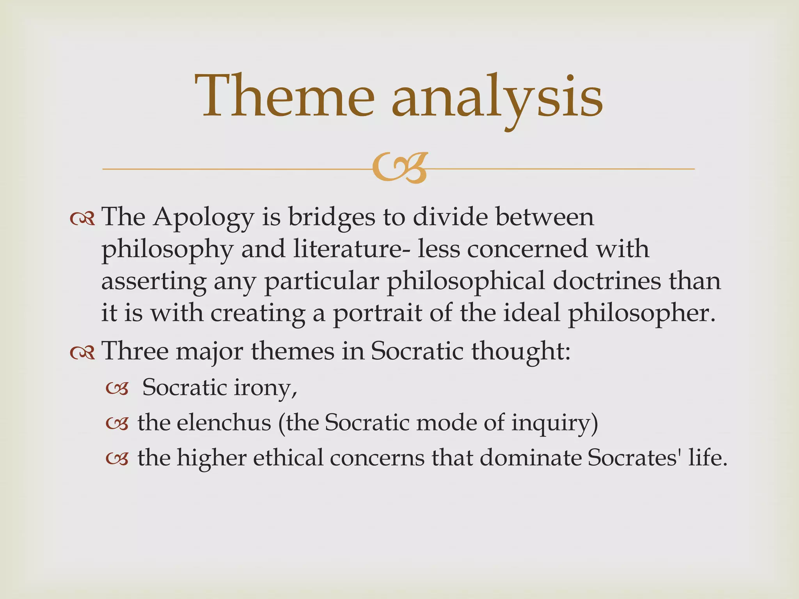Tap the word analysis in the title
[x=497, y=97]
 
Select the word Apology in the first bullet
[x=203, y=218]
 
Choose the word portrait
[x=377, y=313]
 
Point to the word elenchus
[x=224, y=423]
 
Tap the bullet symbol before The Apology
[x=82, y=219]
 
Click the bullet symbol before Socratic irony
[x=117, y=389]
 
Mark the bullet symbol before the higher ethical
[x=117, y=459]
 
